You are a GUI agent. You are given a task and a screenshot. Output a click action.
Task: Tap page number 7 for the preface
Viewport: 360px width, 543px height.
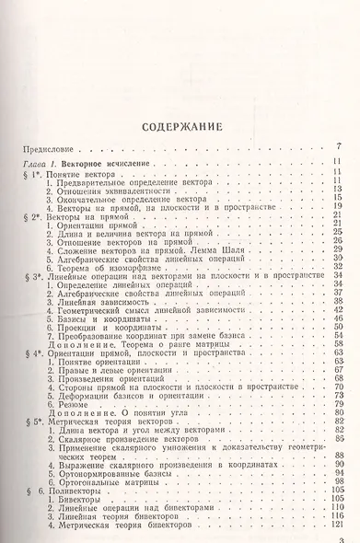[x=340, y=147]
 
